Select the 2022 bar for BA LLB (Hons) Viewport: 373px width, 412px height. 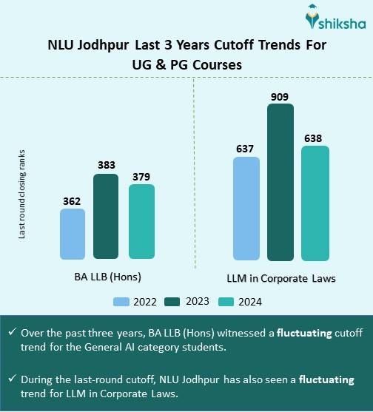pos(72,234)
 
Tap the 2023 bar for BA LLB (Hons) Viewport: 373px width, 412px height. pos(106,217)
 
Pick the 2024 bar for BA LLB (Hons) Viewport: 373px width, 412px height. pos(141,222)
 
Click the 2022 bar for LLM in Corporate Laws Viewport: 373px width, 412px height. pos(246,209)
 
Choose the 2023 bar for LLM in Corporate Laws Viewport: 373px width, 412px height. pos(280,182)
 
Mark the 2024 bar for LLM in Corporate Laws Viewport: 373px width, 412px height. pos(315,203)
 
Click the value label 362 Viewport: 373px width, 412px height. pos(72,200)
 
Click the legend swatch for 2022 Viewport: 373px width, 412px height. pos(121,301)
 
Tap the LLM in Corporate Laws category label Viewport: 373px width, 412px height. pos(280,278)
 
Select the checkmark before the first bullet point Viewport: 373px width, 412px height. pos(12,333)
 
